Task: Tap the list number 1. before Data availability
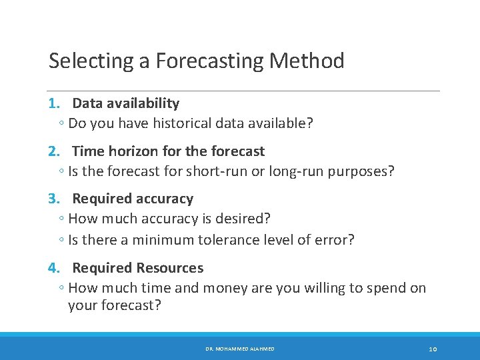(55, 103)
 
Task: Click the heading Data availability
(125, 103)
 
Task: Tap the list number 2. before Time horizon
(55, 151)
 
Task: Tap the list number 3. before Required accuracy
(55, 199)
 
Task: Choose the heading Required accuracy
(133, 199)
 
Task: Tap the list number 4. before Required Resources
(55, 268)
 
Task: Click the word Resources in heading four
(170, 268)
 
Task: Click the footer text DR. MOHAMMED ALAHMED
(239, 349)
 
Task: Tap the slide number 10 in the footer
(433, 349)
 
